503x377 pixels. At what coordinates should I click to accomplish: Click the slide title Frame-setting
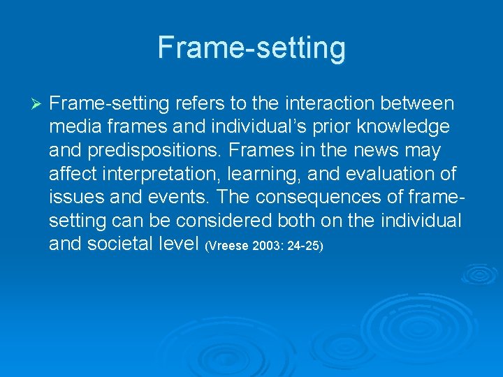[251, 47]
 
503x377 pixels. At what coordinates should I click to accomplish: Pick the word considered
[234, 221]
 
